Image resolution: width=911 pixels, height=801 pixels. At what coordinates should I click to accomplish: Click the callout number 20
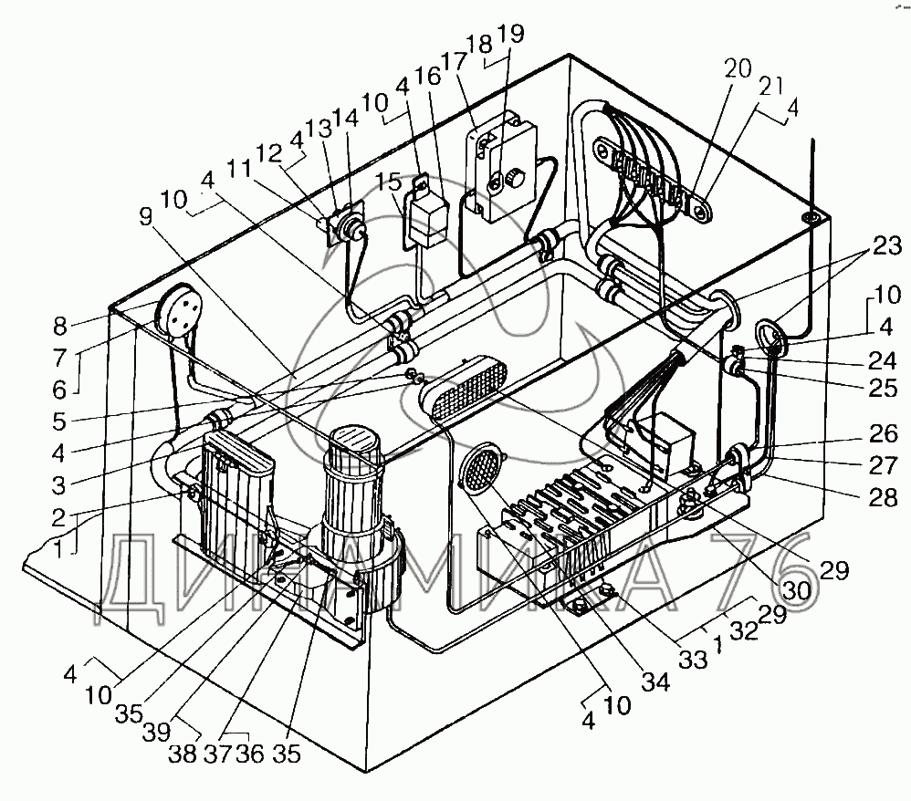[738, 69]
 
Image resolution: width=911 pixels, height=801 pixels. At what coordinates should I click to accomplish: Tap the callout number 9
[145, 216]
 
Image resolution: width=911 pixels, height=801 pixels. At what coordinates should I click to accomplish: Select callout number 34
[656, 681]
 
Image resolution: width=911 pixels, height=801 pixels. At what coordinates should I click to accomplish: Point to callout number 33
[694, 660]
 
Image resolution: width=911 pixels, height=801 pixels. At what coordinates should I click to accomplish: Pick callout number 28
[883, 497]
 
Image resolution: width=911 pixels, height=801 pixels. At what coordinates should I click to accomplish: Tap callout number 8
[60, 327]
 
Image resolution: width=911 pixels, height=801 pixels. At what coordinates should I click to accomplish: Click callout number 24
[883, 360]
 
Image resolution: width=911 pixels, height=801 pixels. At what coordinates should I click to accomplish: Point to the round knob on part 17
[512, 179]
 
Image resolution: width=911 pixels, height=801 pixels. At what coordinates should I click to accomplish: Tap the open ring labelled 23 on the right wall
[771, 339]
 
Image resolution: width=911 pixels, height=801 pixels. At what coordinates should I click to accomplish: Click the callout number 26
[884, 432]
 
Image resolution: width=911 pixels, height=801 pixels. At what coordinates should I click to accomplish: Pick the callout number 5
[59, 421]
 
